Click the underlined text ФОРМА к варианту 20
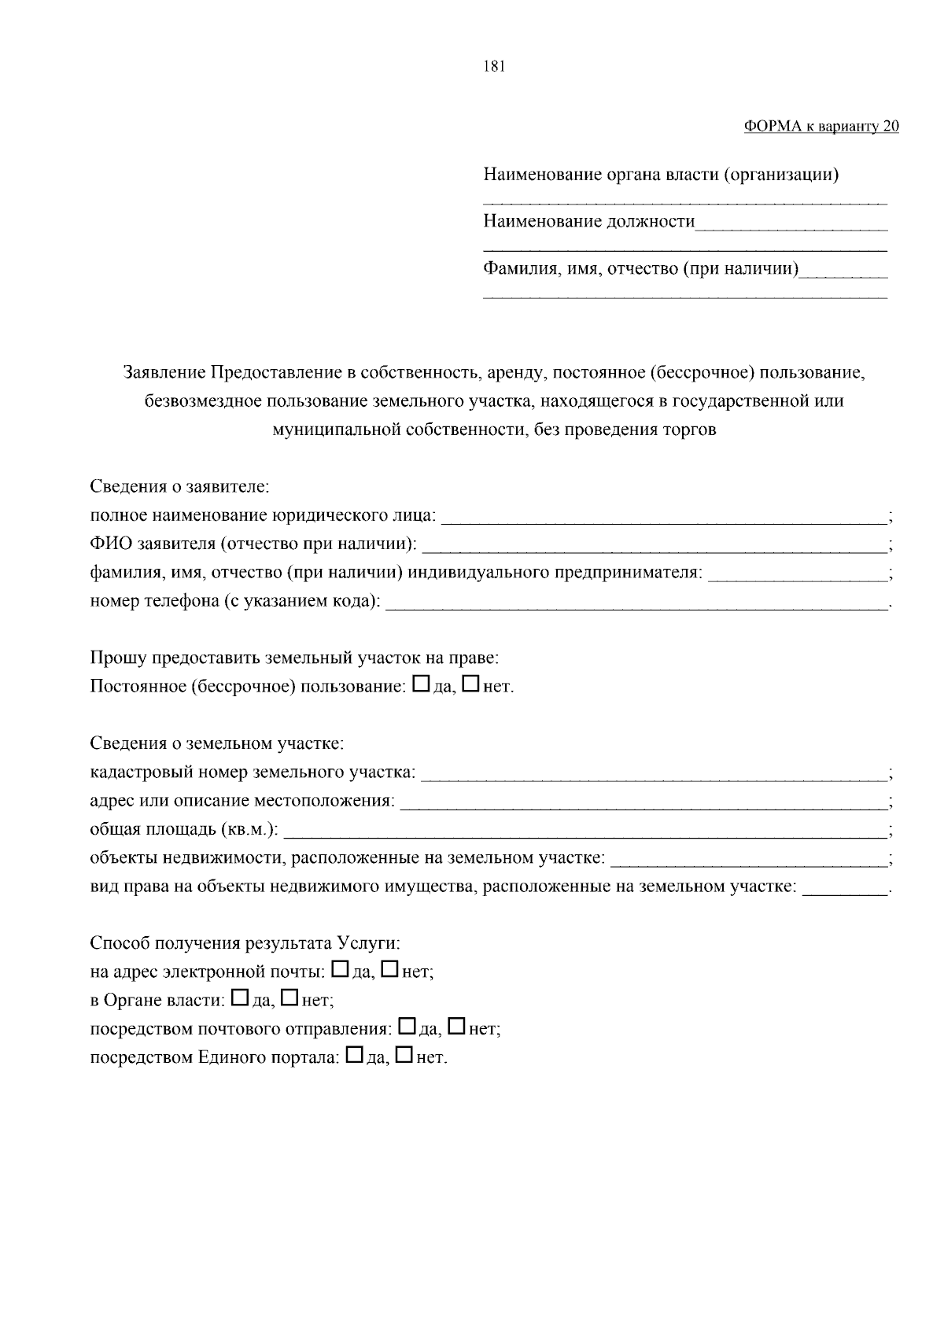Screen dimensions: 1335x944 click(820, 127)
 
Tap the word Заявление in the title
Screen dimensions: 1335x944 click(164, 372)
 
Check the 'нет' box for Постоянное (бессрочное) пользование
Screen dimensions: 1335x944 click(470, 684)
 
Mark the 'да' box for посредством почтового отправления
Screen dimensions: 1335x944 click(407, 1027)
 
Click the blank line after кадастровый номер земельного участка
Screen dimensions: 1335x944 click(653, 776)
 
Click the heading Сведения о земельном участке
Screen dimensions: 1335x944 click(217, 743)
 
